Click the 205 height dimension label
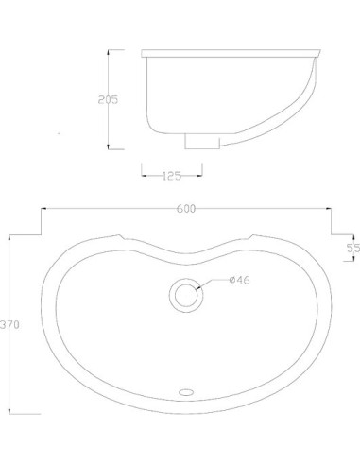tap(108, 99)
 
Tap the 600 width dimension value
tap(184, 210)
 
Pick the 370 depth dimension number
tap(9, 324)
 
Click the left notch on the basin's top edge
tap(120, 236)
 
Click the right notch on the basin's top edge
tap(250, 236)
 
